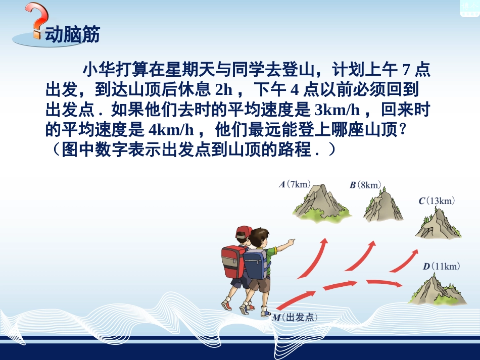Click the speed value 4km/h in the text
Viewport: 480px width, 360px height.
pyautogui.click(x=172, y=130)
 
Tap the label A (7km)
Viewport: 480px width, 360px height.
pyautogui.click(x=296, y=184)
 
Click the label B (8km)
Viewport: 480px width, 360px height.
pyautogui.click(x=365, y=185)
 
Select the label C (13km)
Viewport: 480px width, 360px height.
pyautogui.click(x=437, y=201)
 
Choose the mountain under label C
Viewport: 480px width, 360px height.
pyautogui.click(x=438, y=223)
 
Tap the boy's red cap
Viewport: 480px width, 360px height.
pyautogui.click(x=244, y=232)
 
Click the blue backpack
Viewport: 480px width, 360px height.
pyautogui.click(x=255, y=263)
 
